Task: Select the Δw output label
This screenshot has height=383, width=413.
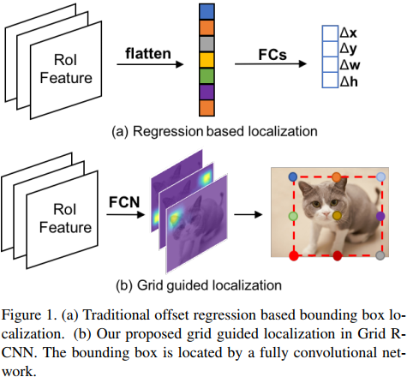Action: [350, 64]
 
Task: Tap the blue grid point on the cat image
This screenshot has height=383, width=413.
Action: [294, 176]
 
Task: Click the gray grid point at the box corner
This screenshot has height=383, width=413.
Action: [380, 255]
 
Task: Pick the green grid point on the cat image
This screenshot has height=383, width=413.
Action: [293, 216]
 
